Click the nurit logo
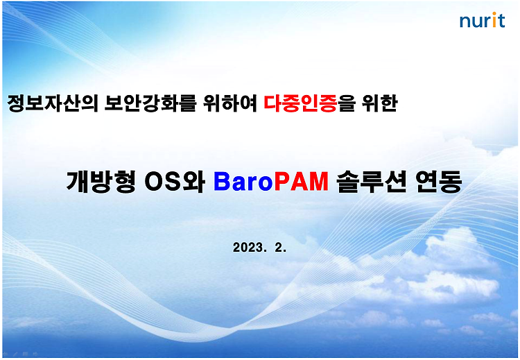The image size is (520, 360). [482, 20]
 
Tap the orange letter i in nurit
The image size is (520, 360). [494, 20]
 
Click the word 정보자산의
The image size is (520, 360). [53, 103]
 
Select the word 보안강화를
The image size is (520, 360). [150, 103]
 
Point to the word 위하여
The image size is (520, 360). [230, 103]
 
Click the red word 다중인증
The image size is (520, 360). [300, 103]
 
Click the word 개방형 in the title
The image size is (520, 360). [101, 182]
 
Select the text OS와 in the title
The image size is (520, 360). [175, 182]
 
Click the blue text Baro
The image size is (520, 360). [243, 182]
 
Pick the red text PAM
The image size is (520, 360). [302, 182]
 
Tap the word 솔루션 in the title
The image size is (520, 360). [371, 182]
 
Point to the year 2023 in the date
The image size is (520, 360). [248, 248]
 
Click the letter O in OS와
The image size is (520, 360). [154, 182]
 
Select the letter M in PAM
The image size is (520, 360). [318, 182]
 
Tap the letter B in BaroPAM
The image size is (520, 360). [222, 182]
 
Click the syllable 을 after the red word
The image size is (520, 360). [347, 103]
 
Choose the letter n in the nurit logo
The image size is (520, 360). [465, 22]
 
